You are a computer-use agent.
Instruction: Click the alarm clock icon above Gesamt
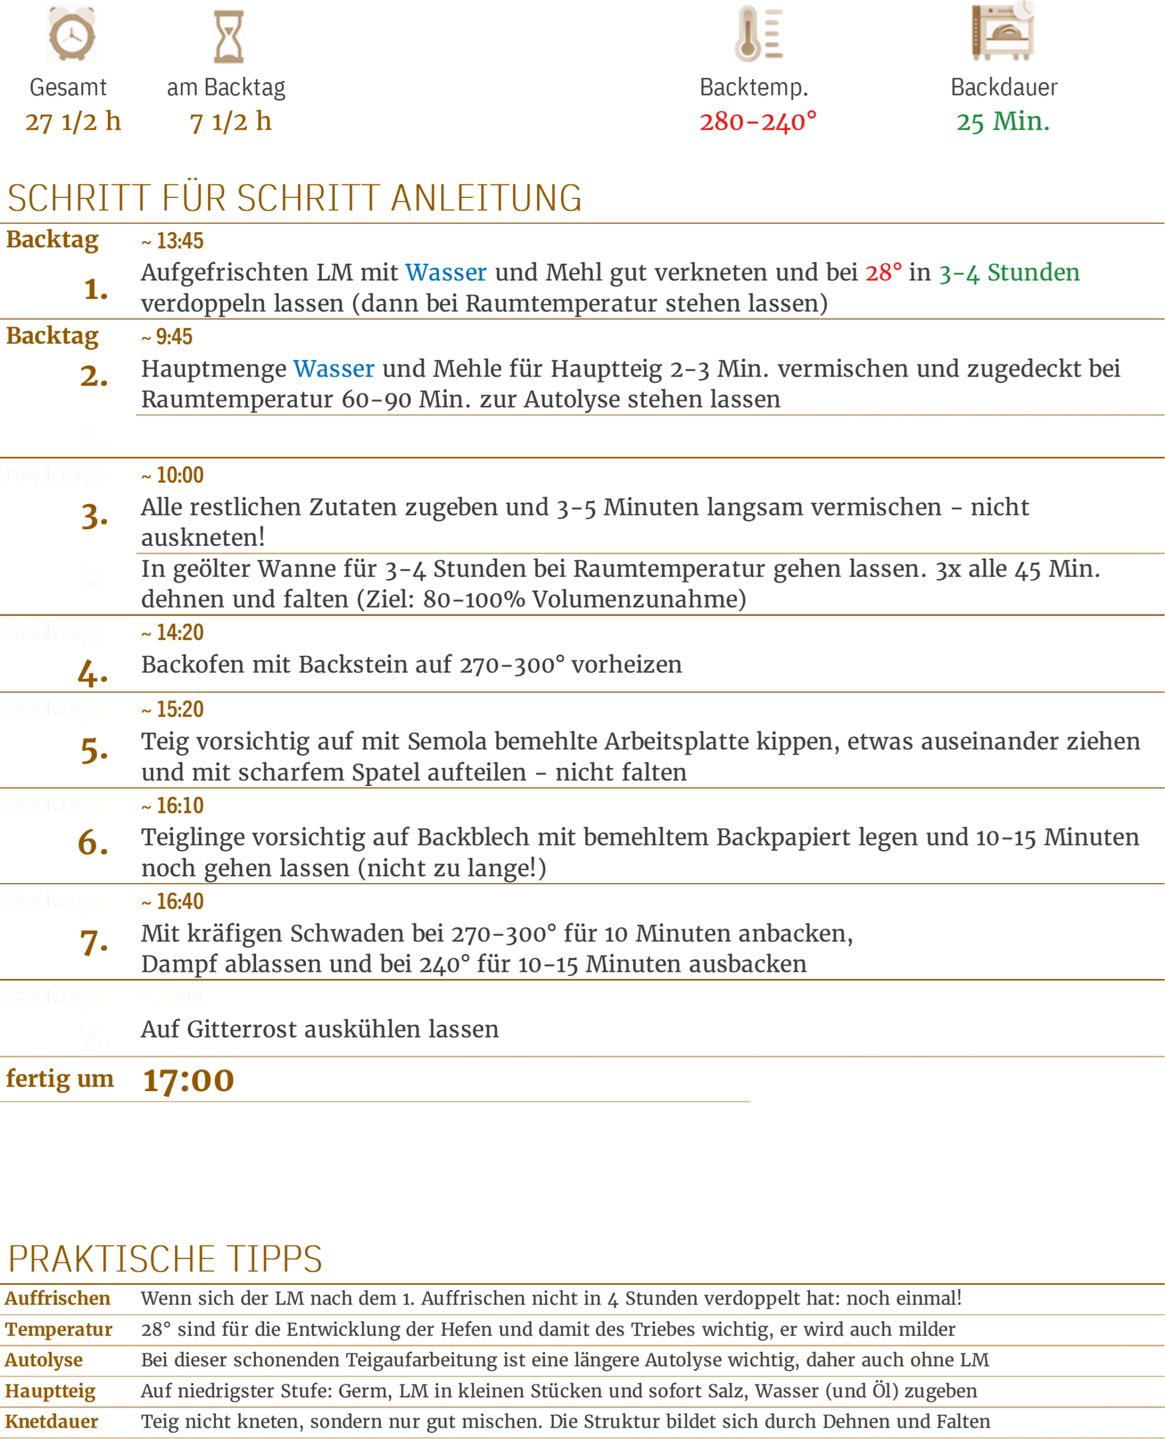coord(71,35)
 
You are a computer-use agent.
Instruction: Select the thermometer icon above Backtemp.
coord(758,34)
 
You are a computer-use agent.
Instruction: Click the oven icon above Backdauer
coord(1003,32)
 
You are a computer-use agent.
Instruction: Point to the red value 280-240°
coord(758,121)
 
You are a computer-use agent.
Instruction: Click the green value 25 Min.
coord(1003,121)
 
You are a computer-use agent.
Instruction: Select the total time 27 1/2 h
coord(73,121)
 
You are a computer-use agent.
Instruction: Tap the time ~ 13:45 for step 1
coord(173,240)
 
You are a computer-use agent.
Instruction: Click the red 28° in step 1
coord(883,273)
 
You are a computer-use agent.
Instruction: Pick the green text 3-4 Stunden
coord(1009,273)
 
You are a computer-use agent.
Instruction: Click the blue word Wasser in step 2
coord(333,369)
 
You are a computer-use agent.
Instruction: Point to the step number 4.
coord(93,672)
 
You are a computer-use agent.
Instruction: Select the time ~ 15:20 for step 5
coord(173,709)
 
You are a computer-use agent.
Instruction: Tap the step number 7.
coord(94,942)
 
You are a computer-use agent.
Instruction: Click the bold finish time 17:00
coord(189,1080)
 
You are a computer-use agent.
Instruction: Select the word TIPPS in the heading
coord(274,1259)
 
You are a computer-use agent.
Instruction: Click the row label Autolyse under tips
coord(44,1360)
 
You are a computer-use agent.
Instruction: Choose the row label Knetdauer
coord(52,1422)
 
